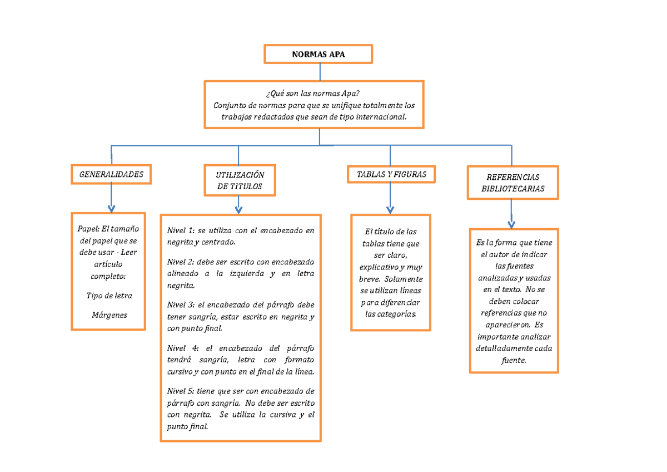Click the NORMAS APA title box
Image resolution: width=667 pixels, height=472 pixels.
[x=318, y=55]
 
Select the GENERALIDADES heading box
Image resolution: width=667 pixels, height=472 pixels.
[x=111, y=174]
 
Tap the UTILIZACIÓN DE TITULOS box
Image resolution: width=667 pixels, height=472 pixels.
[x=240, y=180]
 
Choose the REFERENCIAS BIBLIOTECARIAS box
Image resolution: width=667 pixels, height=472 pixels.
[x=512, y=183]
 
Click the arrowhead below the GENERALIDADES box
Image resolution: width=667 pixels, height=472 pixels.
[x=111, y=208]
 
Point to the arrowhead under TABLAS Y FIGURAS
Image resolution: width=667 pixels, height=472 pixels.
[x=390, y=209]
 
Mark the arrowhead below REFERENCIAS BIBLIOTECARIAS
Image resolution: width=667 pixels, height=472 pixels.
[x=511, y=224]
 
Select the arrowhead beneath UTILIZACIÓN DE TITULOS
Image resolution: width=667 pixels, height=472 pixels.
[x=238, y=209]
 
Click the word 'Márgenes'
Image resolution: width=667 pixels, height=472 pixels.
[x=109, y=315]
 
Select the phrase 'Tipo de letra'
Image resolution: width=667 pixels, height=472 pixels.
[x=109, y=296]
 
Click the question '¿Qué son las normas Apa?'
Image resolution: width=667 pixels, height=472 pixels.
[x=314, y=94]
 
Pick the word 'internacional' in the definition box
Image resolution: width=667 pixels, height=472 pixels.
[x=382, y=117]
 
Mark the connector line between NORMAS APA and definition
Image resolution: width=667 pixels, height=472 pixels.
[x=320, y=72]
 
